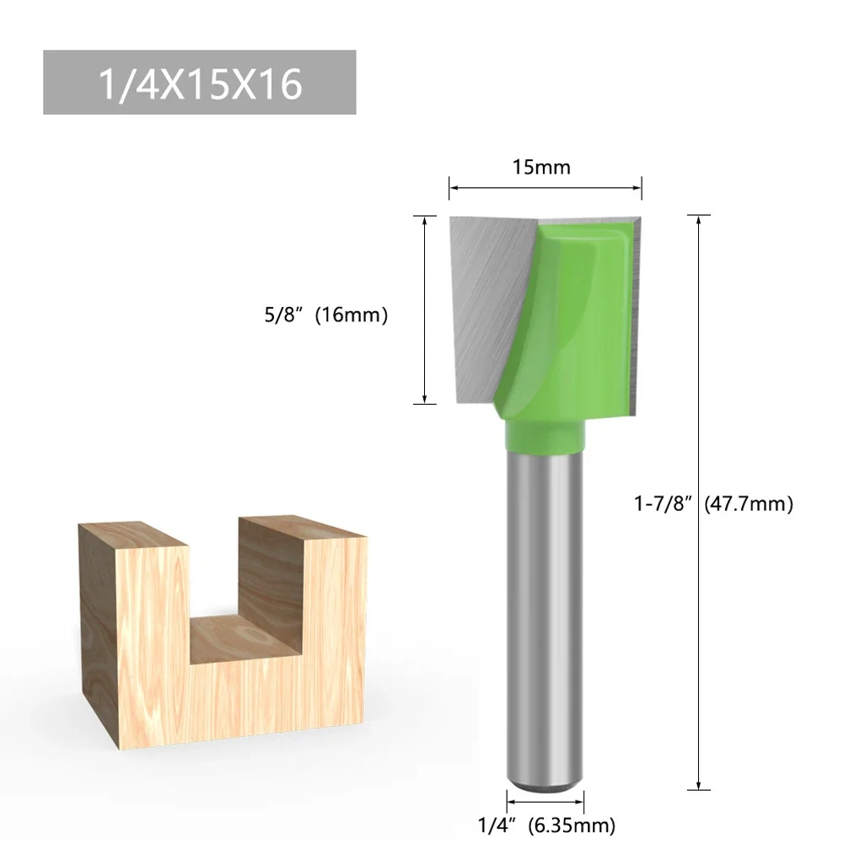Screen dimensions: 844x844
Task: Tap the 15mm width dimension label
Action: pos(542,167)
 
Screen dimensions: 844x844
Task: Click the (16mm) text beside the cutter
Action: pos(352,316)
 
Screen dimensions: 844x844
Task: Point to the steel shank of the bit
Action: pos(545,607)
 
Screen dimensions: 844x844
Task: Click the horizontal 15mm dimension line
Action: pos(545,186)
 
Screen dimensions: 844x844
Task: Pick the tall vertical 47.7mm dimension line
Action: pos(698,590)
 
